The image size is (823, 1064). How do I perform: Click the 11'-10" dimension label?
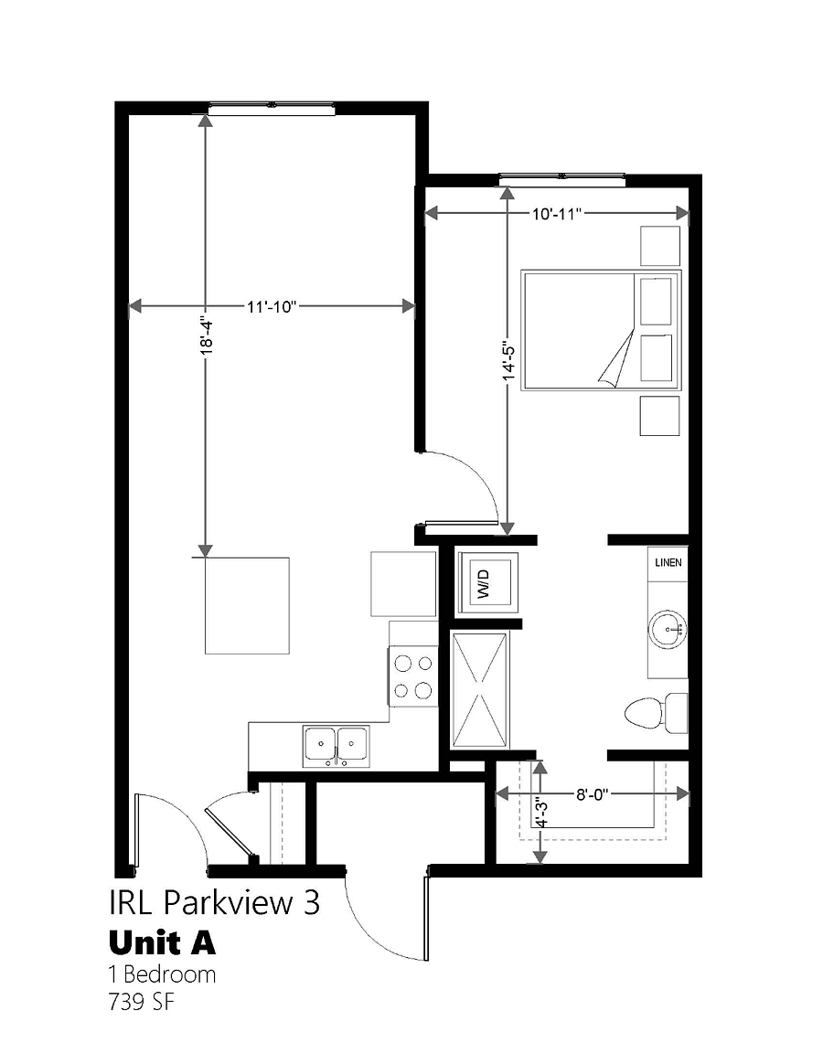click(272, 307)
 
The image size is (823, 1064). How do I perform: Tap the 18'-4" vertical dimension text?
click(207, 335)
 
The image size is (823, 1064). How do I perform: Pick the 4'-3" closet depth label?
click(540, 812)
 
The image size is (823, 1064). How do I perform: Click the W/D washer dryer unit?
click(488, 583)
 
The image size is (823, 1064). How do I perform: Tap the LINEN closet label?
click(668, 562)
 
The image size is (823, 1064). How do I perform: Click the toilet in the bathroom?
click(656, 713)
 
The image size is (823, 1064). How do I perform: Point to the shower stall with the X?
click(479, 690)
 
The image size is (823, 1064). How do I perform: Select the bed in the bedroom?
click(600, 331)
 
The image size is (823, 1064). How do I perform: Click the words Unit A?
click(162, 942)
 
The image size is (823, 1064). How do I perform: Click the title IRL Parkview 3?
click(214, 903)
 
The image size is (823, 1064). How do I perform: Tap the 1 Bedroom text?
click(162, 975)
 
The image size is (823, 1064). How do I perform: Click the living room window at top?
click(272, 107)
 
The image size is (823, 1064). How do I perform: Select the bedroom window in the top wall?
click(562, 179)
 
